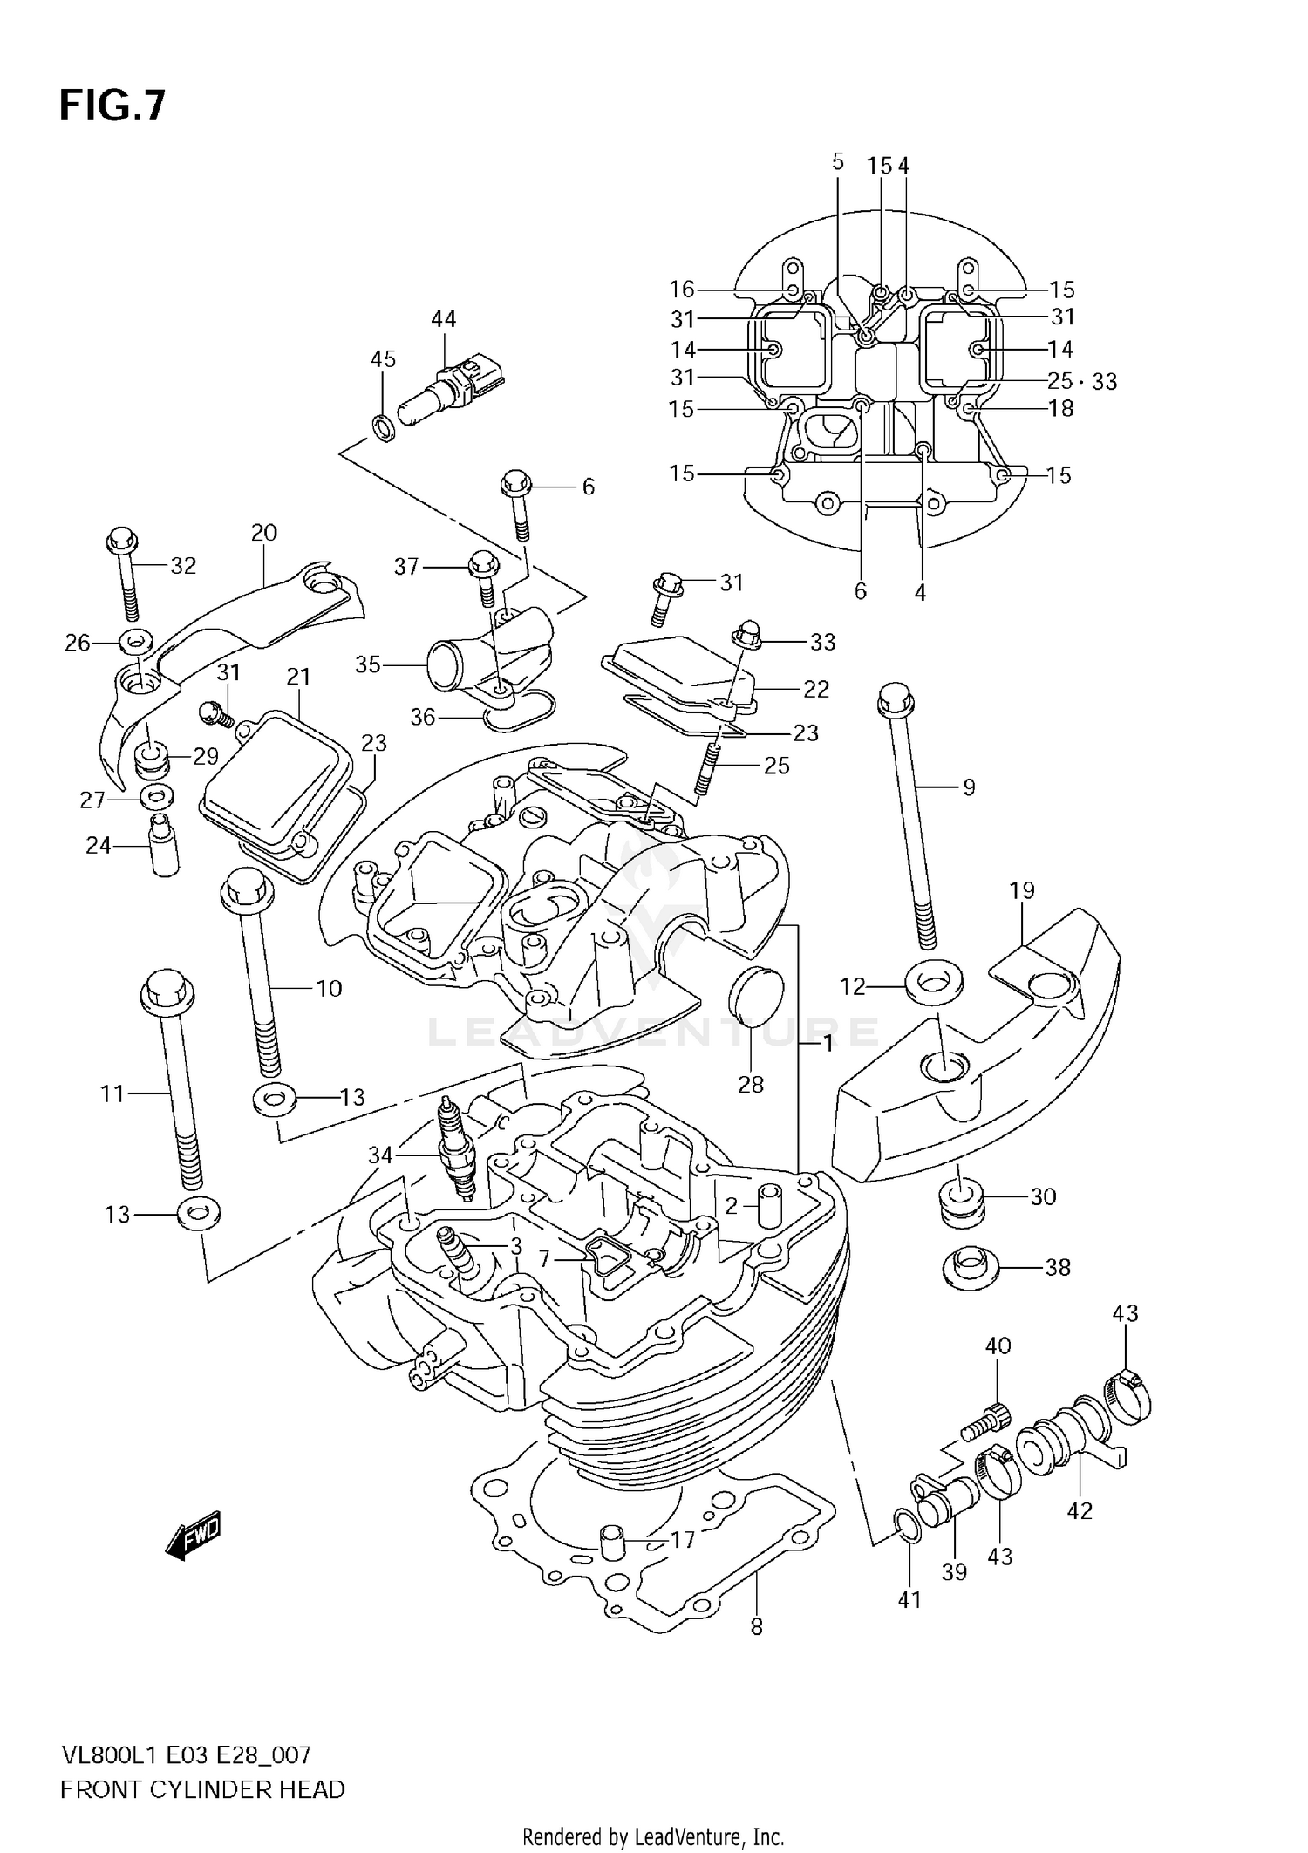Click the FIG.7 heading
[112, 107]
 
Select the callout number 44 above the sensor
[443, 319]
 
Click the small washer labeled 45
[383, 426]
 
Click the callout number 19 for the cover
[1022, 890]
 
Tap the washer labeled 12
[933, 983]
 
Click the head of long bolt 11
[167, 994]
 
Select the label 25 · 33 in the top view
[1081, 381]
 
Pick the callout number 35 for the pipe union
[368, 664]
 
